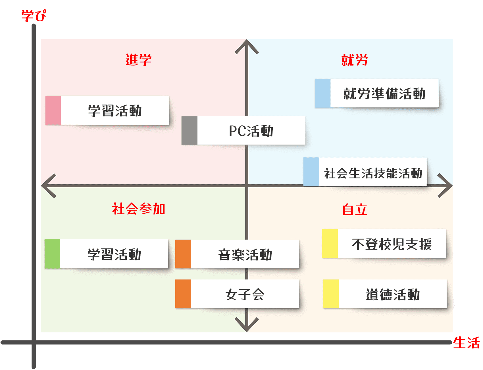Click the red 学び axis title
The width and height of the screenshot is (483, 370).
(34, 15)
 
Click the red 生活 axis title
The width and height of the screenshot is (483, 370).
(466, 343)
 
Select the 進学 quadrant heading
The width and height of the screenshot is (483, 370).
(139, 60)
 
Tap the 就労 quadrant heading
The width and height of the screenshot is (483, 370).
(355, 60)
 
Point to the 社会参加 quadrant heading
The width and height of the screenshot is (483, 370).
(139, 209)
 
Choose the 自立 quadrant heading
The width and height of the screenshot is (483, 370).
(355, 210)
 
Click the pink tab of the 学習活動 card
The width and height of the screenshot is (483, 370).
(53, 110)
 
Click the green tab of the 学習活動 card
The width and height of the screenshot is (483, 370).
(52, 254)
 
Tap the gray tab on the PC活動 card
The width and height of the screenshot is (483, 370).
(190, 130)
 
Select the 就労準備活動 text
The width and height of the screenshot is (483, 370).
(384, 94)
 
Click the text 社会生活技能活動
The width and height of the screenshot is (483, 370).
(373, 173)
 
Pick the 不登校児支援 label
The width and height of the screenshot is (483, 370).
(392, 244)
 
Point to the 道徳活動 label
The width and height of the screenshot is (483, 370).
(393, 294)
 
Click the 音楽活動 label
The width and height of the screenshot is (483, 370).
(245, 254)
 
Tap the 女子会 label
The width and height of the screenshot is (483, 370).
(245, 294)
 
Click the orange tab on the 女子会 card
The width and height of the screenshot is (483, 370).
(183, 294)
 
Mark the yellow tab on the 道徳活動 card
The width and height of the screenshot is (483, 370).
(331, 294)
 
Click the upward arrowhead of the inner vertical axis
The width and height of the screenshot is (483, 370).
(247, 46)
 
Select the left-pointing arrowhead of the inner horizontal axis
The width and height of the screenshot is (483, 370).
(48, 186)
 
